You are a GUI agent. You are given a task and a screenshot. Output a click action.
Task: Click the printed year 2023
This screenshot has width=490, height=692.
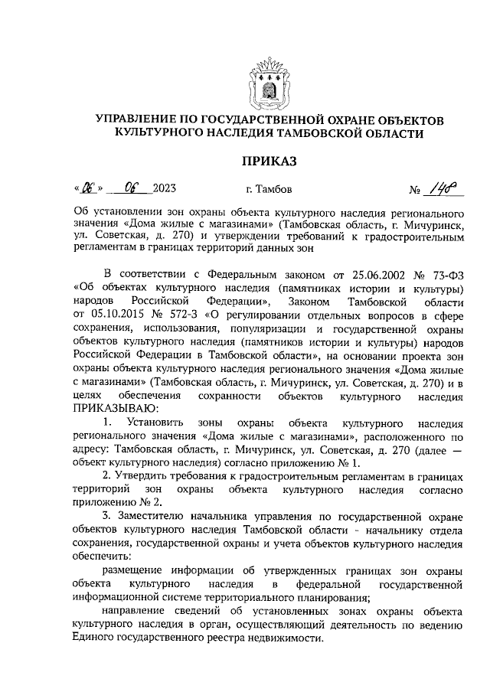[164, 188]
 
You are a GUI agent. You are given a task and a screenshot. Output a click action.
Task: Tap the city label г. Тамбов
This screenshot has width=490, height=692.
[268, 188]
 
